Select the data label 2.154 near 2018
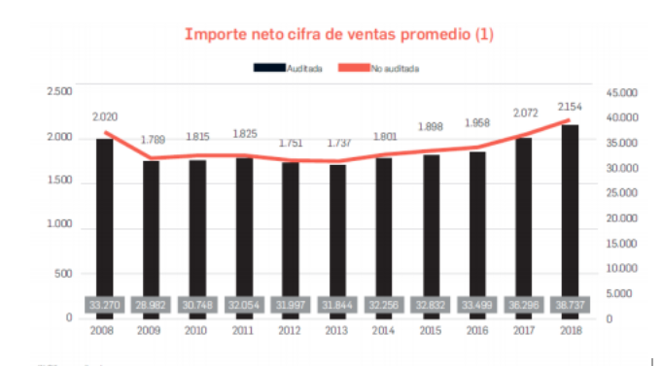[571, 106]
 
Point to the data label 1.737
[337, 143]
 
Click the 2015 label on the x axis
[431, 331]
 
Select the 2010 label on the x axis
[197, 331]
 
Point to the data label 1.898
[431, 127]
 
